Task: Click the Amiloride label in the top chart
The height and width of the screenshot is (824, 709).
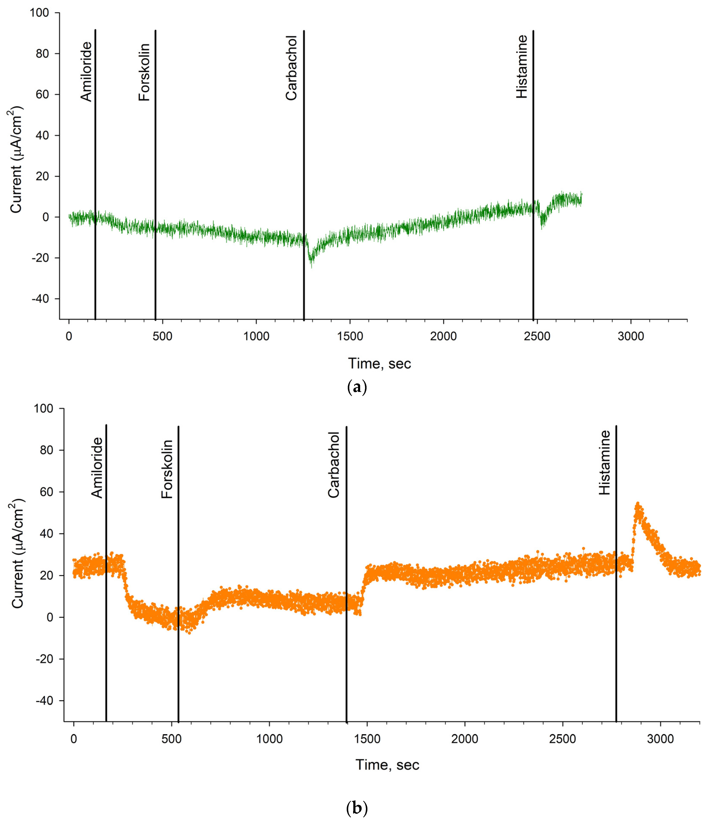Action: coord(86,72)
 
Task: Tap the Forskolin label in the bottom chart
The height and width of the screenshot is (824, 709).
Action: coord(167,469)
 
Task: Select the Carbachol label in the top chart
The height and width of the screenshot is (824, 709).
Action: coord(291,68)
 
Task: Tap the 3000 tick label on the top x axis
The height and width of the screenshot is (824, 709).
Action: coord(631,336)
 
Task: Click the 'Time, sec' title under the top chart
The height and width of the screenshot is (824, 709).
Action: coord(380,364)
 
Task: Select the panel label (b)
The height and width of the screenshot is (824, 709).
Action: coord(357,808)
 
